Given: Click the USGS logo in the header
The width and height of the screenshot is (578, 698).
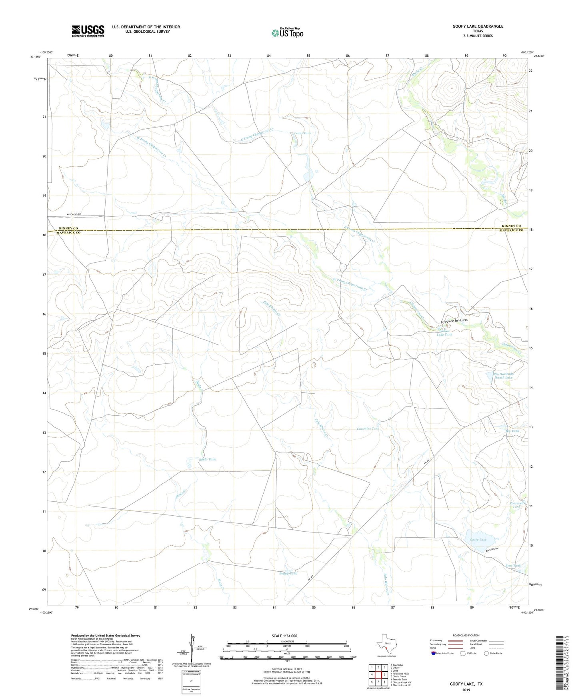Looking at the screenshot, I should coord(88,31).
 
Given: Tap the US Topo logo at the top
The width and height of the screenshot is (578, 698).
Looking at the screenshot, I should coord(287,33).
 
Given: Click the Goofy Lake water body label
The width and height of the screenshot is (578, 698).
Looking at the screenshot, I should coord(478,540).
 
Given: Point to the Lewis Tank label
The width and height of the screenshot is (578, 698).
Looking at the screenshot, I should coord(302,133).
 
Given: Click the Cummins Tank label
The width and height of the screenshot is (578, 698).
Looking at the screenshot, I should coord(368,429).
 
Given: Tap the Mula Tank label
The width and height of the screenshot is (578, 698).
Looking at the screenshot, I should coord(208,459).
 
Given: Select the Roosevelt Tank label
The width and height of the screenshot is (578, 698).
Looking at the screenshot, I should coord(516,505).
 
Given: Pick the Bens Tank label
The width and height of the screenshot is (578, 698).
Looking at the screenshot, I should coord(513,566).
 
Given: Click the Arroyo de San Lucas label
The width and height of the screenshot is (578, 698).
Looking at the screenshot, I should coord(454,321).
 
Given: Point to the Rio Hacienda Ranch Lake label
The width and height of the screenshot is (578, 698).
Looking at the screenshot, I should coord(503,375).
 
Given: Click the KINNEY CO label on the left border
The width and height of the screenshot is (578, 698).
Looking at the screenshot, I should coord(67,228).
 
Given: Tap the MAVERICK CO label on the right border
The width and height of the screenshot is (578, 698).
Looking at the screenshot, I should coord(511,231).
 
